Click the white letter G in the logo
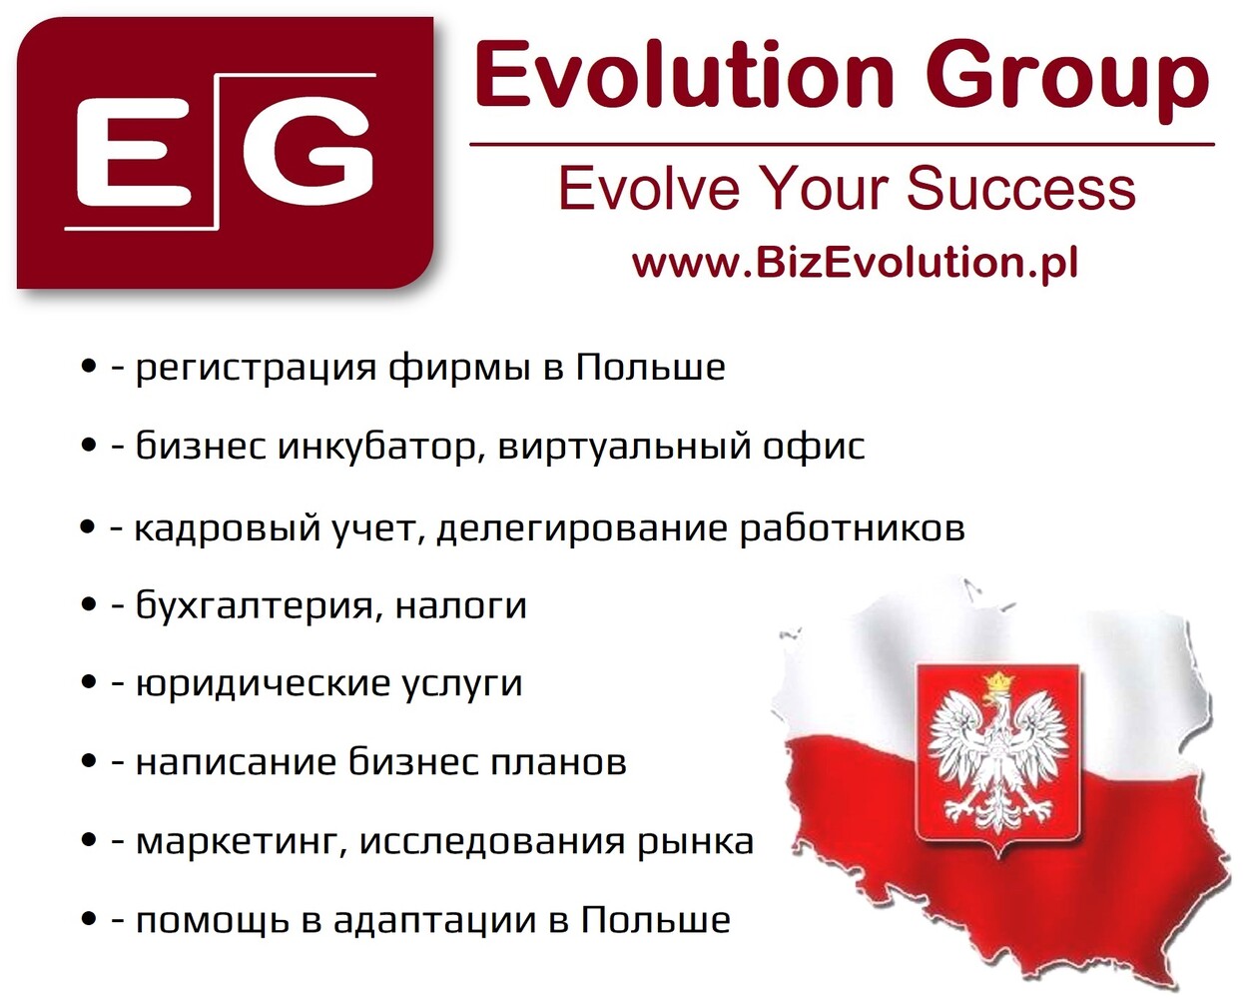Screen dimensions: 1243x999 click(308, 153)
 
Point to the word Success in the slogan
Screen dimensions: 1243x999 click(1020, 188)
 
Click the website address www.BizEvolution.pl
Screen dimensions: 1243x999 click(855, 263)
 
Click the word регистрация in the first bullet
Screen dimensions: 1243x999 click(256, 369)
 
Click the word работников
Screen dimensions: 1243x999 click(853, 528)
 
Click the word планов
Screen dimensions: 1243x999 click(558, 763)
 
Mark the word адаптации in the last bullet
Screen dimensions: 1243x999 click(435, 921)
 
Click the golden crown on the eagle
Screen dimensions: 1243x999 click(998, 681)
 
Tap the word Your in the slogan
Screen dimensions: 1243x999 click(823, 188)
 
